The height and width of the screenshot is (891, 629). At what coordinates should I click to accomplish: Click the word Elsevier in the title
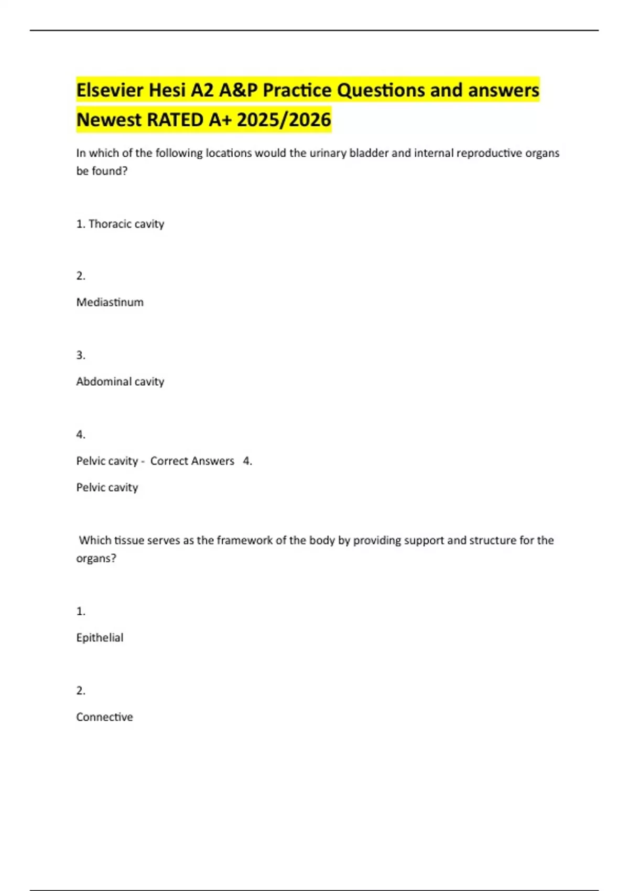pyautogui.click(x=110, y=90)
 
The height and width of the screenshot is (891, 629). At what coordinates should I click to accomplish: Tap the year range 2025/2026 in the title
pyautogui.click(x=284, y=119)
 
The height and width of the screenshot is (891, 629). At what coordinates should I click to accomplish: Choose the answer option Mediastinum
pyautogui.click(x=110, y=302)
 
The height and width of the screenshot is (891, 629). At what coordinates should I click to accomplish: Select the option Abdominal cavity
pyautogui.click(x=120, y=382)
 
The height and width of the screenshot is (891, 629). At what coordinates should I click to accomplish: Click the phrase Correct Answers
pyautogui.click(x=192, y=461)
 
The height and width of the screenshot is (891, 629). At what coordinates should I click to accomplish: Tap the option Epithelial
pyautogui.click(x=100, y=638)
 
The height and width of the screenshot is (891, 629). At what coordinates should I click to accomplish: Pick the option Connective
pyautogui.click(x=104, y=717)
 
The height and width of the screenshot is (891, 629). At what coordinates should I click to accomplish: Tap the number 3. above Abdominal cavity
pyautogui.click(x=81, y=355)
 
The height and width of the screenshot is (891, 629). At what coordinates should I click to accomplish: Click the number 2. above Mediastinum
pyautogui.click(x=81, y=276)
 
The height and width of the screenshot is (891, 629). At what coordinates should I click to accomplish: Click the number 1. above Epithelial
pyautogui.click(x=81, y=611)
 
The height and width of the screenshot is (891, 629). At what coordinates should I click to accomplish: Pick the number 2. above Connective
pyautogui.click(x=81, y=691)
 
